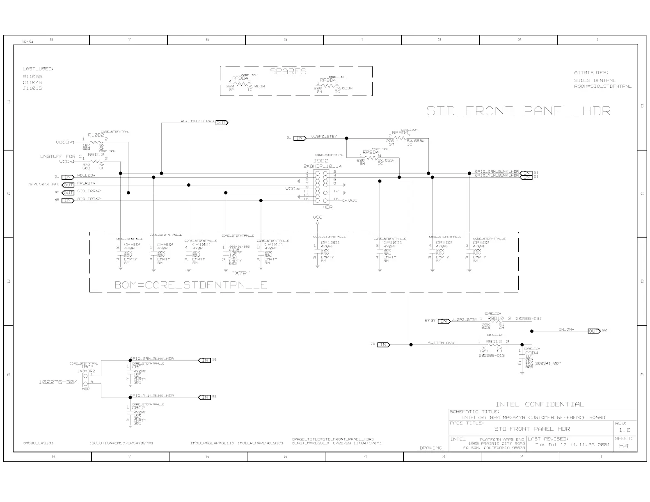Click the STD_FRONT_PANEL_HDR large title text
[518, 111]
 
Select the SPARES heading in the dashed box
[288, 71]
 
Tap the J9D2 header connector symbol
[321, 187]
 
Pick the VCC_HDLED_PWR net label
[197, 121]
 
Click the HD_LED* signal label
[86, 176]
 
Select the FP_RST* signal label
[86, 183]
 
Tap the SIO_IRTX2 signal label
[89, 199]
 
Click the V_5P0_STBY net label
[324, 137]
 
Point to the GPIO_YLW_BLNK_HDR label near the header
[497, 176]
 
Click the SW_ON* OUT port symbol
[593, 331]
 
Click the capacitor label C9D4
[531, 353]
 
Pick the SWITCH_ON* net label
[441, 343]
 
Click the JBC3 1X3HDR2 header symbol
[86, 379]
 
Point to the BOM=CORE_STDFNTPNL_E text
[191, 285]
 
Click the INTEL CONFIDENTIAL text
[539, 404]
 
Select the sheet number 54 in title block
[623, 446]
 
